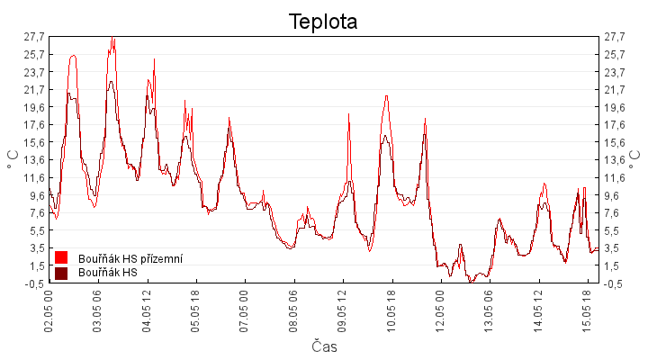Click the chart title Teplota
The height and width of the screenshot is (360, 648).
coord(323,22)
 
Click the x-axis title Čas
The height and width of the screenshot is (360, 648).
coord(324,346)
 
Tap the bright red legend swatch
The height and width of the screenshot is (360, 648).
coord(61,257)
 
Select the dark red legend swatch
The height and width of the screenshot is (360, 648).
coord(61,274)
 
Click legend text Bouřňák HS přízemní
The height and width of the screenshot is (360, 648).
coord(130,258)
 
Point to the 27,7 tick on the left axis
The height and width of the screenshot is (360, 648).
coord(34,37)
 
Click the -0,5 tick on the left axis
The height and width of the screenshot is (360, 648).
coord(34,283)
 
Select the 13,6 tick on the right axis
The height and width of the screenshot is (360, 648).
coord(615,160)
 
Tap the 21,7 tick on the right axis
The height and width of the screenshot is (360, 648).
coord(615,90)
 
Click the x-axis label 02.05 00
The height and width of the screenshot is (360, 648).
coord(49,310)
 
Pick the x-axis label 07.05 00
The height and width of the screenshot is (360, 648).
coord(244,310)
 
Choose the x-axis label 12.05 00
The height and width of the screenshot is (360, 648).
coord(440,310)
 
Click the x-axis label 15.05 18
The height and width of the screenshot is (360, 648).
coord(587,310)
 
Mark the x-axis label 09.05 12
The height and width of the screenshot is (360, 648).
coord(342,310)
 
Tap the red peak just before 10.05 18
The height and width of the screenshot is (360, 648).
coord(386,96)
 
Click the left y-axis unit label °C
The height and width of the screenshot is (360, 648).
coord(13,159)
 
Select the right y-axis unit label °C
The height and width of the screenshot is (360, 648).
coord(634,159)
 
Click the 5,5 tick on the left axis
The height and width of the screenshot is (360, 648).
coord(36,230)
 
